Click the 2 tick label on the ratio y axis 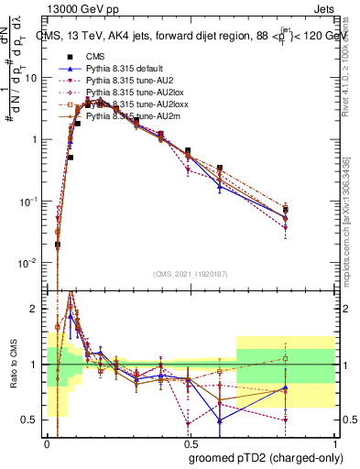click(38, 309)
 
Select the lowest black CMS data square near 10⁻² click(58, 245)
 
